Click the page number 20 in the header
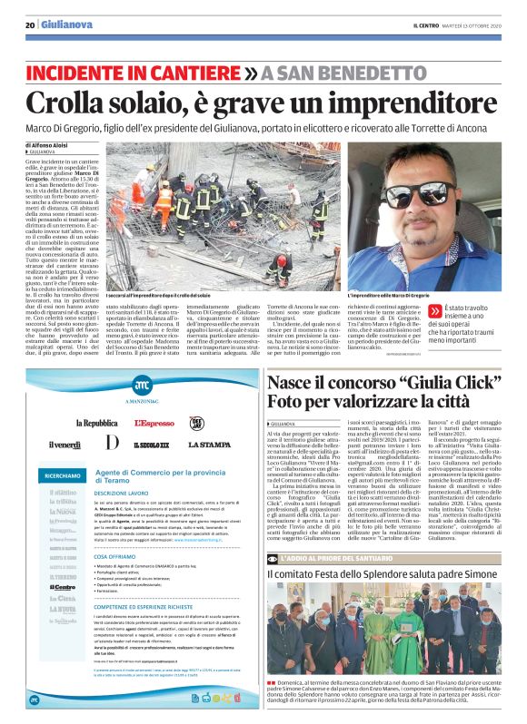(30, 25)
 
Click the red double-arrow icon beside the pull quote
(435, 310)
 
